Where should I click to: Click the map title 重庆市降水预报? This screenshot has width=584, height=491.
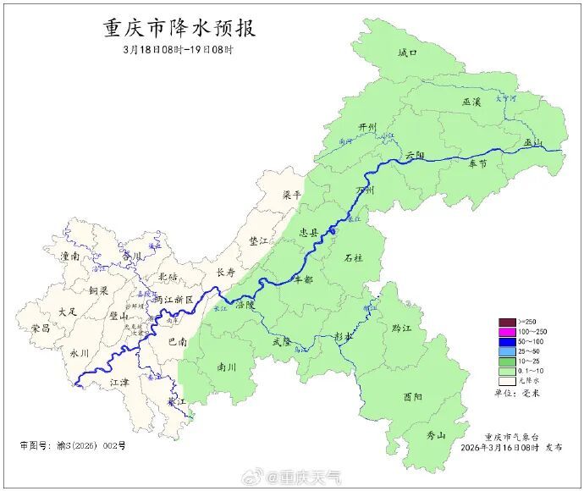point(179,28)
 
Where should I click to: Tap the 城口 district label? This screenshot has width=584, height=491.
point(408,52)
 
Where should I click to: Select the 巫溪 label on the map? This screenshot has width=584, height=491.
point(471,102)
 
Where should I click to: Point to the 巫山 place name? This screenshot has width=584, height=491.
point(532,142)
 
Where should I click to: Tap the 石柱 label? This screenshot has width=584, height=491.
point(353,257)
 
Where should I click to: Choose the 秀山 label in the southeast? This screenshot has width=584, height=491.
point(436,435)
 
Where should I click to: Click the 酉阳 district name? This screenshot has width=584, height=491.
point(413,396)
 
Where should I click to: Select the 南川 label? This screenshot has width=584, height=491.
point(227,367)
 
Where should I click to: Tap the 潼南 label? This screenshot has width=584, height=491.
point(70,255)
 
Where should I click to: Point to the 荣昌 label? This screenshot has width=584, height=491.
point(40,327)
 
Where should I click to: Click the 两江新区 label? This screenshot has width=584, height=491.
point(174,300)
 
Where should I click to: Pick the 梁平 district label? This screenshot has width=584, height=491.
point(292,194)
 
